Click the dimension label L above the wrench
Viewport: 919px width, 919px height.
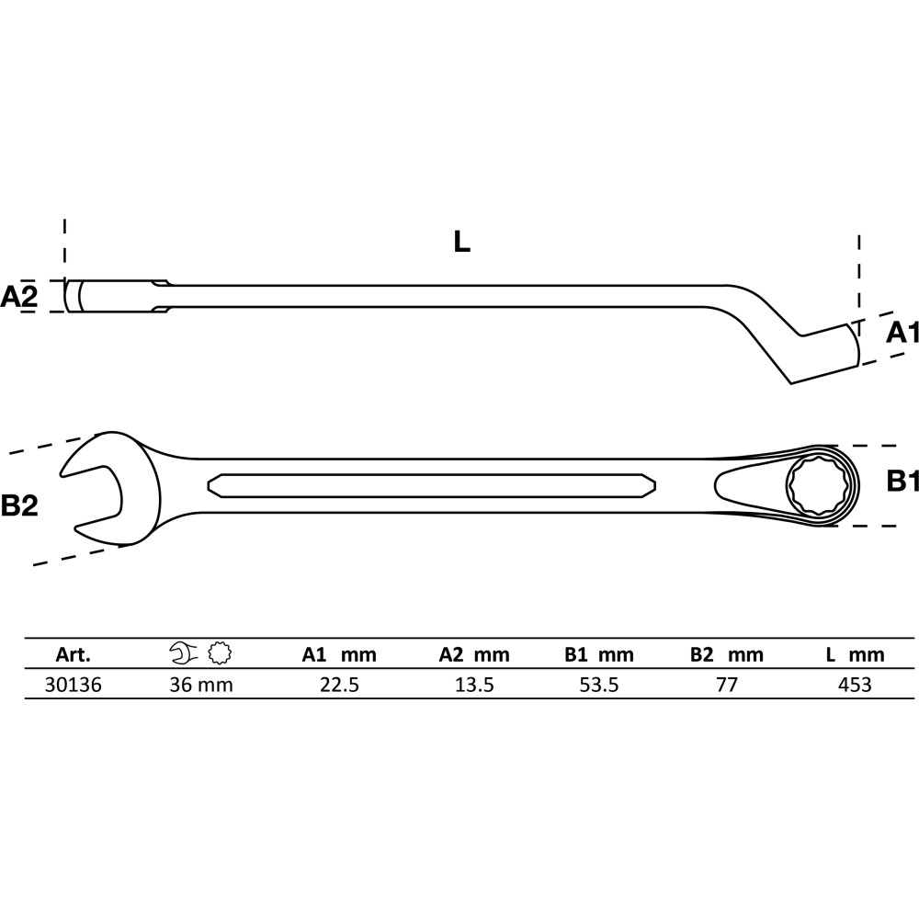462,242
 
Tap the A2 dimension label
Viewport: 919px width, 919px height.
18,297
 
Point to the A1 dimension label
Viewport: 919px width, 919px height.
902,333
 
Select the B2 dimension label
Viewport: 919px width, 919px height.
19,505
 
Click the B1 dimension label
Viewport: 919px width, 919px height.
902,482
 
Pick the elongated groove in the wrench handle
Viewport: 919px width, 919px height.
431,485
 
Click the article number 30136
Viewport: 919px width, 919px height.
74,685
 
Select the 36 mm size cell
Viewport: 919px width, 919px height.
201,685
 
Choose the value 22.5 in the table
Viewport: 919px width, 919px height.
339,685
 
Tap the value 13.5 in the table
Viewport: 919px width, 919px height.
475,685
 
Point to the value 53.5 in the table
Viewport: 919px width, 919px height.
599,685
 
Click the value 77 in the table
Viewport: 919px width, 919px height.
727,685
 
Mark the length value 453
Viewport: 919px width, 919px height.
855,685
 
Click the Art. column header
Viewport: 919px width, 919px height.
74,654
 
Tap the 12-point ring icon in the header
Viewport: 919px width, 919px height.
220,652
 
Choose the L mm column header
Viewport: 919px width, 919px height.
855,654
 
